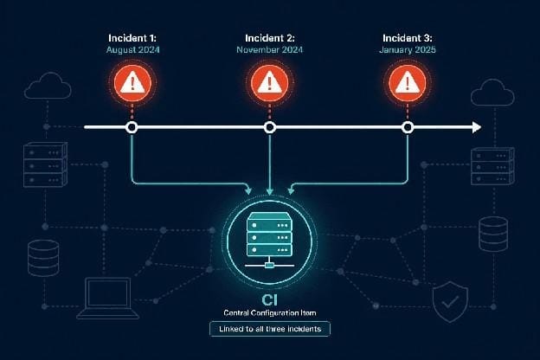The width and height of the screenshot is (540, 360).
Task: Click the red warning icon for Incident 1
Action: [x=132, y=83]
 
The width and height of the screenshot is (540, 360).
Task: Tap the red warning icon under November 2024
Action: [x=270, y=83]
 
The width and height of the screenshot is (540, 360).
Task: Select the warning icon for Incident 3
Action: [x=408, y=83]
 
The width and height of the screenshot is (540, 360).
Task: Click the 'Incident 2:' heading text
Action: [x=270, y=38]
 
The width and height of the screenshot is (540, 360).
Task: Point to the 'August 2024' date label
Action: [x=133, y=50]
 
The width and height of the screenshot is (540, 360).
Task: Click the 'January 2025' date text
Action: [x=408, y=50]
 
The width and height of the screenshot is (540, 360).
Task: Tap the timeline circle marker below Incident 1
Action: [x=132, y=127]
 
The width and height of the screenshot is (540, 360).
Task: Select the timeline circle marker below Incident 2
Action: [x=270, y=127]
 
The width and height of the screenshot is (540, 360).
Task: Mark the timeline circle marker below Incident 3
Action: [x=408, y=127]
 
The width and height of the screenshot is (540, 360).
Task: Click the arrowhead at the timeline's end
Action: [x=477, y=127]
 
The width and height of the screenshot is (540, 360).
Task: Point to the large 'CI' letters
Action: [x=270, y=300]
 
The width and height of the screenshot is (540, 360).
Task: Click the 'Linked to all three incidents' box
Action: [x=270, y=329]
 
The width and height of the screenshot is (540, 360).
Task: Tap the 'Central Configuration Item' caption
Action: [x=270, y=312]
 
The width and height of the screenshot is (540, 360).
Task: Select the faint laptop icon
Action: [x=108, y=299]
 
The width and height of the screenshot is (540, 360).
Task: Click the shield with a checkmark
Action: [x=450, y=302]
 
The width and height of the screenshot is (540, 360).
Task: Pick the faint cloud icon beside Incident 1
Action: [x=48, y=86]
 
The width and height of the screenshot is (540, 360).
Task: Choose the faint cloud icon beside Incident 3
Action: [x=492, y=93]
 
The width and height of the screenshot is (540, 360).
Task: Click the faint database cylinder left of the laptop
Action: [x=43, y=259]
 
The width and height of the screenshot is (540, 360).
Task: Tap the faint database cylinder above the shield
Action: [x=493, y=235]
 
